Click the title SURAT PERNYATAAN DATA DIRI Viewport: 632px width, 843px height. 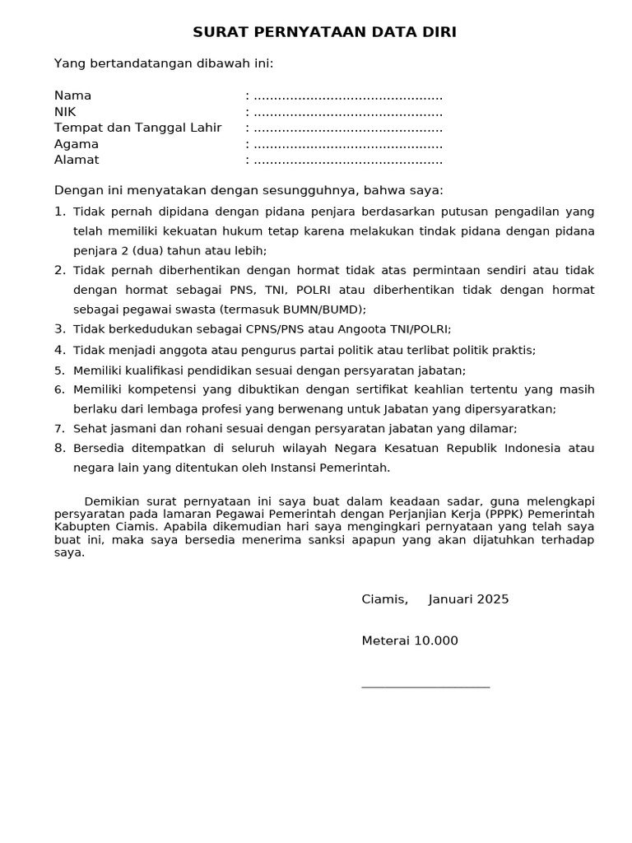[324, 32]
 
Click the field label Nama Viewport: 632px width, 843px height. [73, 95]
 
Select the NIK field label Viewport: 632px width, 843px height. [65, 112]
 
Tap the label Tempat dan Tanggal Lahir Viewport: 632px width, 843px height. [138, 128]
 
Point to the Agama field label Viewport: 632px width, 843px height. [77, 144]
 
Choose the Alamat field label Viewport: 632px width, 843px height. [77, 160]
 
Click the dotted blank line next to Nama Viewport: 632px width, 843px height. [348, 96]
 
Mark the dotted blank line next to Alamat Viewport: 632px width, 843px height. [348, 161]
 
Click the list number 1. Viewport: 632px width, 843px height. [59, 212]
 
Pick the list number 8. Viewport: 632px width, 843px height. [59, 448]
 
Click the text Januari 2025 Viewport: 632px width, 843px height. [469, 599]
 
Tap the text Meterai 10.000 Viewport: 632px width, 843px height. [410, 641]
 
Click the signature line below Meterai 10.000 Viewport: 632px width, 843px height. [425, 686]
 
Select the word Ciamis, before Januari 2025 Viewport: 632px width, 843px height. [384, 599]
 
